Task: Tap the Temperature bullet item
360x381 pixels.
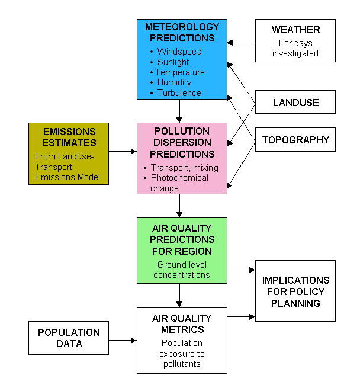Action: click(180, 72)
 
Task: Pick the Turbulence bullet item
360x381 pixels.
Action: click(179, 93)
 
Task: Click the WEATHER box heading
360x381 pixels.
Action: click(295, 30)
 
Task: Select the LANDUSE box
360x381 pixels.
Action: click(295, 103)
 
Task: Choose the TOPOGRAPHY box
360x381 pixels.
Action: click(295, 140)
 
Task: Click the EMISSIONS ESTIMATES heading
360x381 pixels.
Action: click(69, 137)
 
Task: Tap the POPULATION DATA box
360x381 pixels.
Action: click(69, 338)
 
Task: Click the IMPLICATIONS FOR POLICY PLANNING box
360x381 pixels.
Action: click(295, 292)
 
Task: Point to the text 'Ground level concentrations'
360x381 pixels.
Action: click(182, 270)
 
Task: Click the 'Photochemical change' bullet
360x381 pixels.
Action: click(181, 183)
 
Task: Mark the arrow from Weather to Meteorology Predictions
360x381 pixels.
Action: click(242, 43)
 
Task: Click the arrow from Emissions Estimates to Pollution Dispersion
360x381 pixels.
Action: click(123, 151)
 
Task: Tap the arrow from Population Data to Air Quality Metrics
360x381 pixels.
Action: click(123, 340)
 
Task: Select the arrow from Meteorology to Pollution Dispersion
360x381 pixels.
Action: click(179, 111)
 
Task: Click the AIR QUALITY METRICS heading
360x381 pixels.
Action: click(182, 324)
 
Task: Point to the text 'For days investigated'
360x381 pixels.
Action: click(295, 48)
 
